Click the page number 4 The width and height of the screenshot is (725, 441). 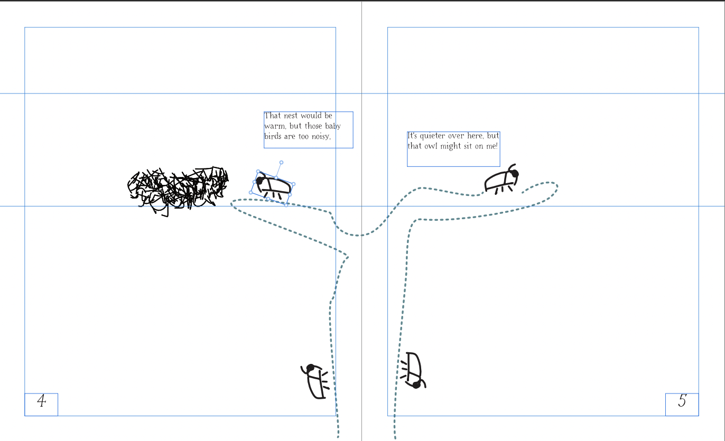(x=41, y=401)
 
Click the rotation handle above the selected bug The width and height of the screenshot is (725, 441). (x=281, y=163)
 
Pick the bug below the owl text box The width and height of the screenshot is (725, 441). (x=501, y=180)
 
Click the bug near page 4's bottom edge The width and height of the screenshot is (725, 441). (x=315, y=381)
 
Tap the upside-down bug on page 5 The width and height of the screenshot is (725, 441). (x=413, y=370)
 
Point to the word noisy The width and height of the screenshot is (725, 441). (x=321, y=137)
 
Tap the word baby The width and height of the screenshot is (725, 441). (x=333, y=126)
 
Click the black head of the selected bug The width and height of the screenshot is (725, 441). (x=259, y=181)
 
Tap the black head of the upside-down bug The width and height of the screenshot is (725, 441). (x=416, y=385)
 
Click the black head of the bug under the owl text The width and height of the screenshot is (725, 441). (x=515, y=174)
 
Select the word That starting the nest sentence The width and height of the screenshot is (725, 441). (x=273, y=116)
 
